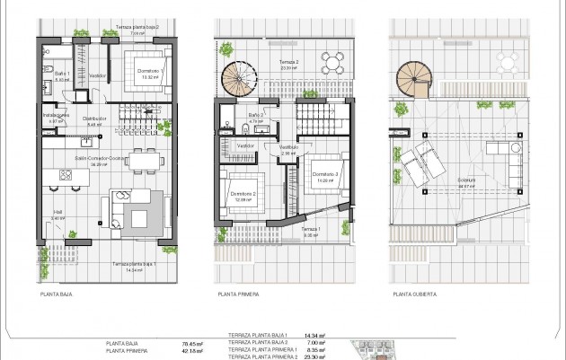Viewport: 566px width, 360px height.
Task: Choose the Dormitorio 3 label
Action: (x=325, y=174)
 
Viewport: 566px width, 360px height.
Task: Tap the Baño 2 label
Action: (x=255, y=116)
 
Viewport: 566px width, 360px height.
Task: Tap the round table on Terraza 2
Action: (x=332, y=63)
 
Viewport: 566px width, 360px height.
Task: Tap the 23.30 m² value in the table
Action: (x=315, y=356)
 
